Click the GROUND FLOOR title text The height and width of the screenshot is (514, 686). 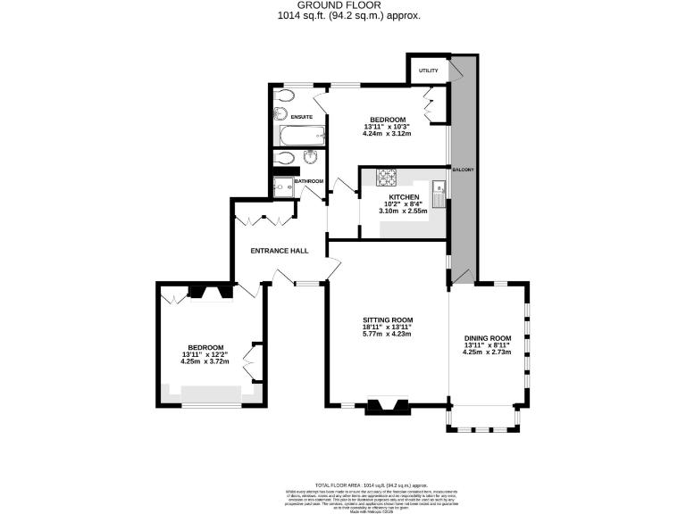(x=344, y=5)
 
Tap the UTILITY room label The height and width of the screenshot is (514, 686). (x=429, y=70)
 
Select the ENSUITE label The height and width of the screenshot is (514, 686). (x=302, y=116)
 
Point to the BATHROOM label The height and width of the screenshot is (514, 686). (x=309, y=181)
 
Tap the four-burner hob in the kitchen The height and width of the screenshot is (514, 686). (x=387, y=177)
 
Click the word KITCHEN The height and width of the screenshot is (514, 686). (x=404, y=196)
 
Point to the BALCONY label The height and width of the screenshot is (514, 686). (x=463, y=170)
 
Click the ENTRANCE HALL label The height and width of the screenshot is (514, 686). (x=279, y=251)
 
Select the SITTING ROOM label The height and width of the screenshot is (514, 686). (x=388, y=319)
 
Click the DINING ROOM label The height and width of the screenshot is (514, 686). (x=487, y=337)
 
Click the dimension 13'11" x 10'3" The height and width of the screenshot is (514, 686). (x=389, y=127)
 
